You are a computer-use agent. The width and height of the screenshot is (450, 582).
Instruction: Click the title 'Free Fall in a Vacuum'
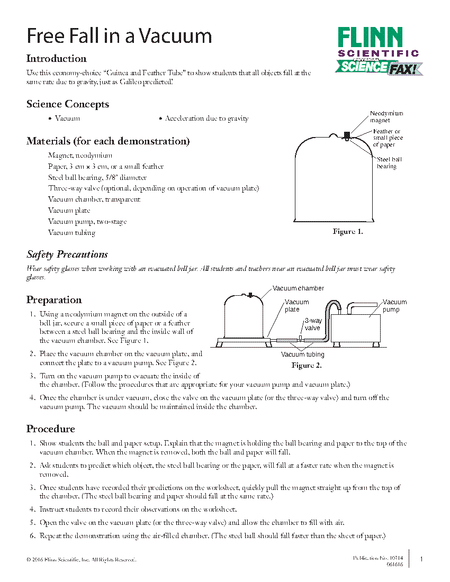[119, 36]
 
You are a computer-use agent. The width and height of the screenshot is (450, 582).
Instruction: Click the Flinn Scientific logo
[378, 51]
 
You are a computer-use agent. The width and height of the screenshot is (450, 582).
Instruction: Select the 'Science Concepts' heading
[68, 104]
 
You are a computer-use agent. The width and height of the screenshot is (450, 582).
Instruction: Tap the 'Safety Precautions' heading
[67, 254]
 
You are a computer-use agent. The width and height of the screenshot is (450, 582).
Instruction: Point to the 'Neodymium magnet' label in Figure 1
[386, 117]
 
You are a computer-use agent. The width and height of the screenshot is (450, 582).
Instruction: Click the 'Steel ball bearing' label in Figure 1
[389, 163]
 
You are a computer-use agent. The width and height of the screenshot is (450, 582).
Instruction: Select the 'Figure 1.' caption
[347, 232]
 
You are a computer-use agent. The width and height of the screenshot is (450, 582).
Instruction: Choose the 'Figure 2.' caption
[307, 366]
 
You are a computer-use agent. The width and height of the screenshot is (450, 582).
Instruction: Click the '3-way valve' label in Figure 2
[313, 324]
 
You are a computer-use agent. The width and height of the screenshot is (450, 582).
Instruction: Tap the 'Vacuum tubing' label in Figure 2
[302, 354]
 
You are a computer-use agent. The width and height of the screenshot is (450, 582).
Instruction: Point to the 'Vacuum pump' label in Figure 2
[394, 306]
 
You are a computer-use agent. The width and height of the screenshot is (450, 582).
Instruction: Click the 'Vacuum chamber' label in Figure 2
[298, 288]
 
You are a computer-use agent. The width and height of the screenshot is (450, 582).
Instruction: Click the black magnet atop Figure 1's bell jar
[347, 134]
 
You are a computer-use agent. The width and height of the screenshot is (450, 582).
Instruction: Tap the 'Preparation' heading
[54, 300]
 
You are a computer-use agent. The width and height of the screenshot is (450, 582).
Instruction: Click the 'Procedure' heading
[51, 429]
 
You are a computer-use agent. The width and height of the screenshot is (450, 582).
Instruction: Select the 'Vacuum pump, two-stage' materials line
[87, 222]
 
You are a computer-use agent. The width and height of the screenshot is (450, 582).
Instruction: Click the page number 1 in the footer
[421, 559]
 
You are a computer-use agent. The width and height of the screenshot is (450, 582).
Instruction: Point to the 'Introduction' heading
[57, 59]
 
